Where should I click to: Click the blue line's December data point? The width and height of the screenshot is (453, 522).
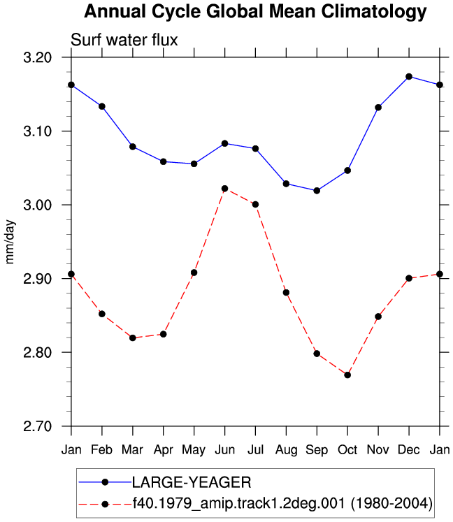click(409, 77)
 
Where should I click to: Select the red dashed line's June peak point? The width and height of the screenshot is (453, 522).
click(224, 189)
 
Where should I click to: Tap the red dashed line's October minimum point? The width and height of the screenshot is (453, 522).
click(347, 375)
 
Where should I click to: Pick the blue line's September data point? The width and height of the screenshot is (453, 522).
click(317, 191)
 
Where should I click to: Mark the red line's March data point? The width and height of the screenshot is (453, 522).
click(133, 338)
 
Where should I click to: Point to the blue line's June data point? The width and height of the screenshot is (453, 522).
click(224, 143)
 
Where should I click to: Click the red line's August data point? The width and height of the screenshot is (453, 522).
click(286, 293)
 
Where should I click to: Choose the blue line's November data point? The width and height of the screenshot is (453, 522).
click(378, 108)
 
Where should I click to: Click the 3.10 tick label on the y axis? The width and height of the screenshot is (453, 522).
click(38, 131)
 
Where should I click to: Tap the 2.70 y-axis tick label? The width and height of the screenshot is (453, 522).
click(38, 426)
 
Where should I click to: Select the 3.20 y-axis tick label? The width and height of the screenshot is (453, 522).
click(38, 57)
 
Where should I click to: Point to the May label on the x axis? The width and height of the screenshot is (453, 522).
click(194, 451)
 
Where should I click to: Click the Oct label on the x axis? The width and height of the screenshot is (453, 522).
click(347, 450)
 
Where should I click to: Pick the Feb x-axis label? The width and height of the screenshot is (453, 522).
click(102, 450)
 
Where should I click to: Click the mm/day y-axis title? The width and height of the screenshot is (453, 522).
click(10, 242)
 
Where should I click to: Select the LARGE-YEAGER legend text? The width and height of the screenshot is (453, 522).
click(192, 482)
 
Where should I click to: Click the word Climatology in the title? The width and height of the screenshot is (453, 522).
click(374, 12)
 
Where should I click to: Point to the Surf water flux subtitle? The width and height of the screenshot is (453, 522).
click(124, 40)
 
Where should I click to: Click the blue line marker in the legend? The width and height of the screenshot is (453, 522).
click(105, 482)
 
